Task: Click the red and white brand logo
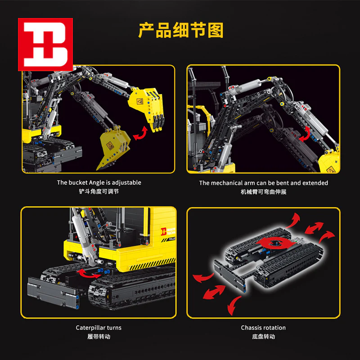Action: [45, 44]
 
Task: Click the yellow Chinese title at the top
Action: [181, 30]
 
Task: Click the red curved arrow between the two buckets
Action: [140, 133]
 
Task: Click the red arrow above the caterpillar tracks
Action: [88, 274]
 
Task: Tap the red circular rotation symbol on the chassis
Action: [275, 243]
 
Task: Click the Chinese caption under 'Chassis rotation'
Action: [263, 337]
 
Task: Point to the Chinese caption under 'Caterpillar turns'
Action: [99, 337]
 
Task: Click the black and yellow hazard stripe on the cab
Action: [152, 264]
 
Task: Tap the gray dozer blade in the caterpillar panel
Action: [53, 292]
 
